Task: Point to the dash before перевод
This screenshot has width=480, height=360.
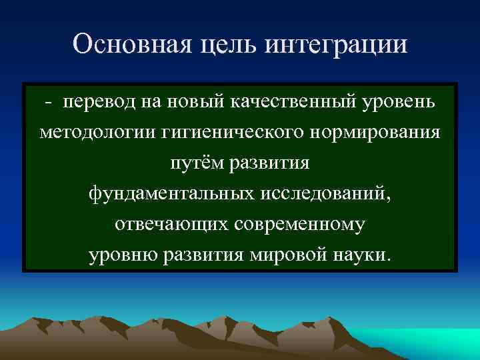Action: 48,103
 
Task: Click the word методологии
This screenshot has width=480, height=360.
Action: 97,133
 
